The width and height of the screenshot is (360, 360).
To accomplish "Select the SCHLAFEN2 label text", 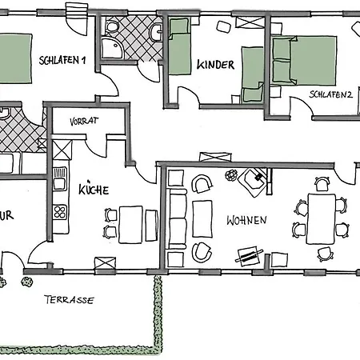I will point(331,94).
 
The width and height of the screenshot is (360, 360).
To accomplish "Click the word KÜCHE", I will point(94,190).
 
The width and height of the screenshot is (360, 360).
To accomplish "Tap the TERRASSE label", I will point(68,301).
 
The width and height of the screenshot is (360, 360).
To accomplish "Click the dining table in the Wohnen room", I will point(322,218).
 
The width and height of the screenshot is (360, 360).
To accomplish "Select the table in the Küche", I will point(130,223).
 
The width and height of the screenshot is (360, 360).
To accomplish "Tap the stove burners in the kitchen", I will point(59,212).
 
